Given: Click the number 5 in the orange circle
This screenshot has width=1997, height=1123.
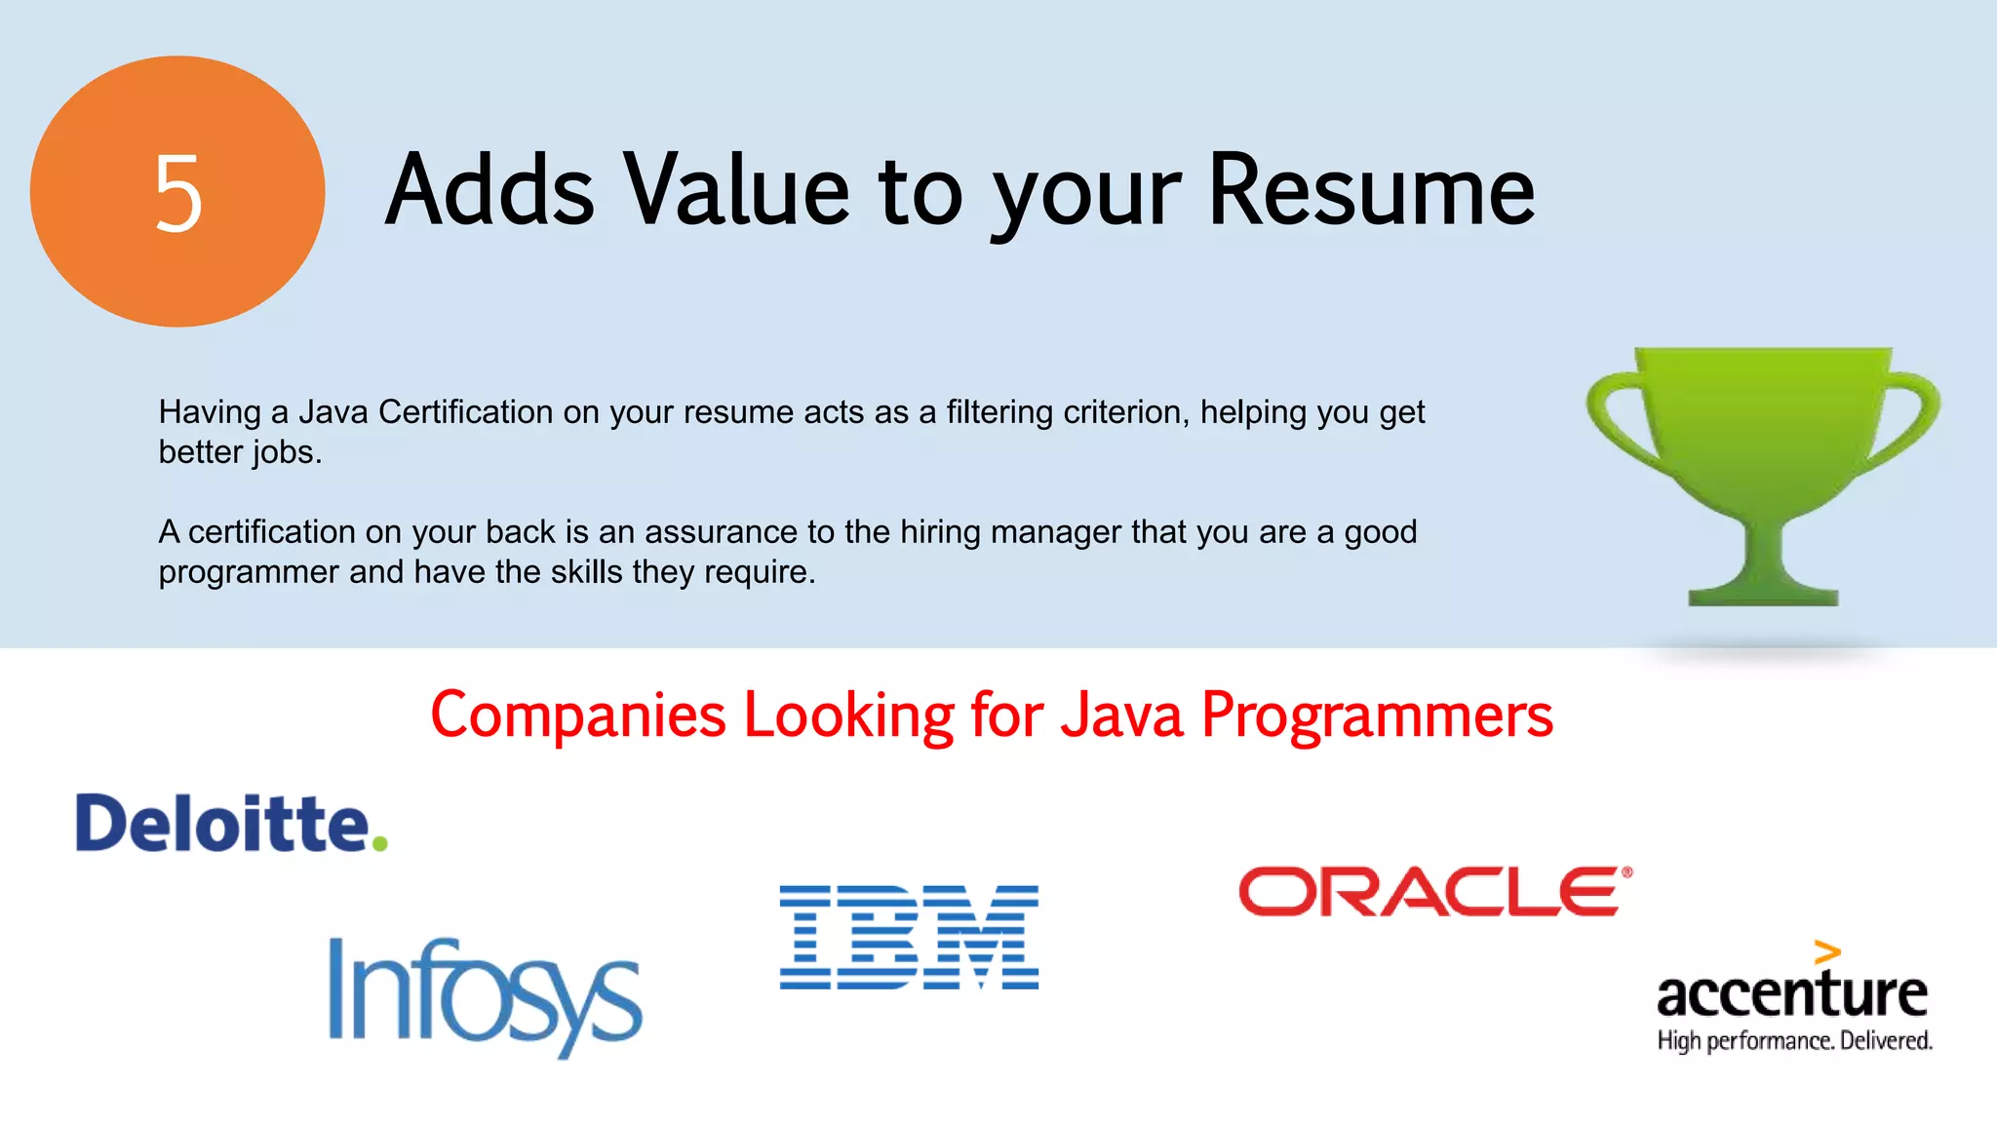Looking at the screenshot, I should (x=178, y=193).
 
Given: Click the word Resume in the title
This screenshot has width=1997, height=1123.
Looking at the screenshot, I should (x=1371, y=191).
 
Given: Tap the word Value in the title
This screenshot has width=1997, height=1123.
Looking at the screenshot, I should (x=736, y=191).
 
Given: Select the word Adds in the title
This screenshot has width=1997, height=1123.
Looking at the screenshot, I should (x=489, y=191).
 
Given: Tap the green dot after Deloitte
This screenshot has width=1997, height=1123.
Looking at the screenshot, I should (x=379, y=842).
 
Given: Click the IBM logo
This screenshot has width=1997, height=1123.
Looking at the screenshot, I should (x=909, y=937).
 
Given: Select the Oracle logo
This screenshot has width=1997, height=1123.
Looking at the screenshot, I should (x=1433, y=891).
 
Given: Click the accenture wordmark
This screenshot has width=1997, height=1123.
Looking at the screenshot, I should (x=1792, y=994).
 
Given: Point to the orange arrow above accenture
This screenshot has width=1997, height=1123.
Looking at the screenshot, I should (x=1827, y=951).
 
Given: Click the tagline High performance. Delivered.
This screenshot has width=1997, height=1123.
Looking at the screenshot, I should (x=1794, y=1041).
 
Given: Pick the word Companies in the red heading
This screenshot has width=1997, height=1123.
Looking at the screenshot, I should (x=578, y=716).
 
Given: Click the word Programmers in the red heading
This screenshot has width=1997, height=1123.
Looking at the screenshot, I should (x=1377, y=716).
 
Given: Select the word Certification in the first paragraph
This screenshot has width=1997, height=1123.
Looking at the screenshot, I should (x=466, y=412).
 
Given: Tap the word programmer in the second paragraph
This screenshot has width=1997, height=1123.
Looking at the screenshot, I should (x=249, y=572).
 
